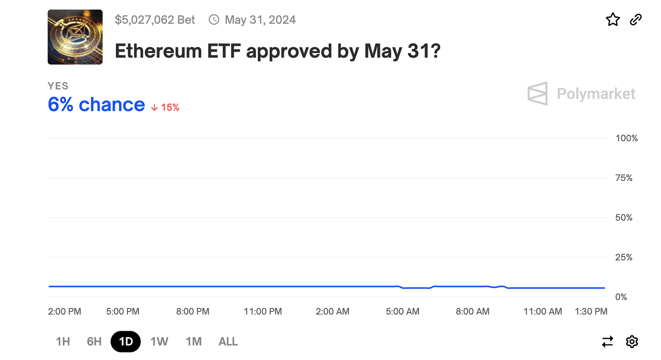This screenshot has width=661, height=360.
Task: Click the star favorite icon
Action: tap(613, 19)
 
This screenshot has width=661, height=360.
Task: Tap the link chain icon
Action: tap(636, 19)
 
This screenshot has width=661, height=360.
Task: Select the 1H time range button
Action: tap(63, 341)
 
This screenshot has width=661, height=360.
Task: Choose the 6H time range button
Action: tap(94, 341)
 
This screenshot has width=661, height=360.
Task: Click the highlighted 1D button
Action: tap(126, 341)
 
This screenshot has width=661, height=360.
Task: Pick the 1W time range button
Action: tap(159, 341)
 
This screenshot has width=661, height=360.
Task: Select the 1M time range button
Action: tap(194, 341)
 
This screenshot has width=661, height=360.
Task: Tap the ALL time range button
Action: tap(228, 341)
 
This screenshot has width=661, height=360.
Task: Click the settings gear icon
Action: tap(632, 341)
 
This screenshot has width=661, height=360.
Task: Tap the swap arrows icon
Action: tap(607, 342)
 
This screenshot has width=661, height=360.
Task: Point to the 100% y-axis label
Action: tap(627, 138)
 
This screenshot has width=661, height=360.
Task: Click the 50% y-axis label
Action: tap(624, 217)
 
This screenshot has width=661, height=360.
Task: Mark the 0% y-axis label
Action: tap(621, 297)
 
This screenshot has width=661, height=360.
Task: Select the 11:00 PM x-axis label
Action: tap(263, 311)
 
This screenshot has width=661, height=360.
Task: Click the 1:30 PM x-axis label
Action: tap(591, 311)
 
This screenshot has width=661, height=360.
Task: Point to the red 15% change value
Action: tap(170, 108)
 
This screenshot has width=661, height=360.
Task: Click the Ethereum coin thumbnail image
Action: tap(75, 37)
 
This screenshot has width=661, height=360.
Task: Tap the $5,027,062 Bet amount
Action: tap(155, 20)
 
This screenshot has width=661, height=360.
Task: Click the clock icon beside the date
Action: tap(214, 20)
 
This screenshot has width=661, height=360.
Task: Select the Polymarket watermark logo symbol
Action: tap(537, 93)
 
